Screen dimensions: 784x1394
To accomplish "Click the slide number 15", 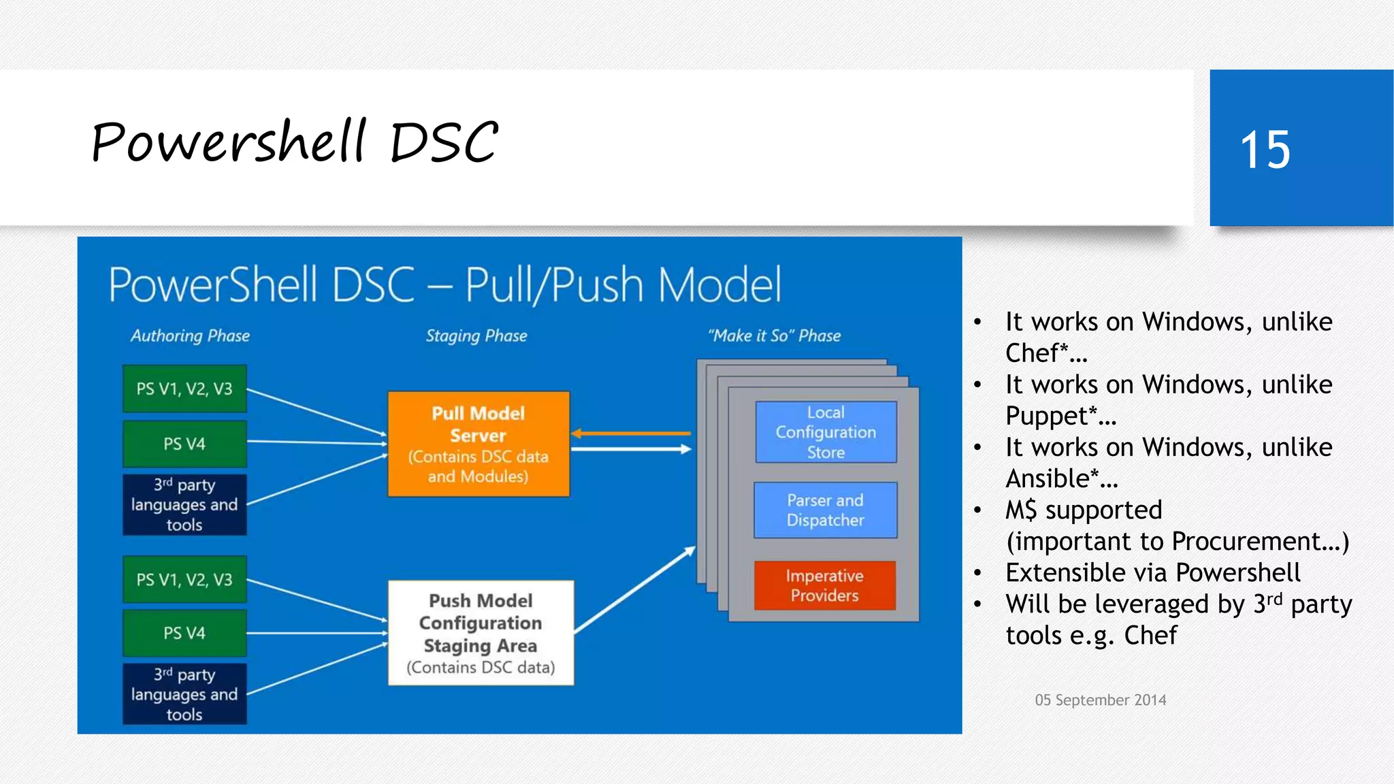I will tap(1265, 150).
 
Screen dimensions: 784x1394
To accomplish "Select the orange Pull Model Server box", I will tap(479, 444).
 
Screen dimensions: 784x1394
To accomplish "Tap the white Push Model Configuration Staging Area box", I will tap(481, 633).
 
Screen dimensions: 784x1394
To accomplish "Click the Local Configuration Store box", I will tap(826, 432).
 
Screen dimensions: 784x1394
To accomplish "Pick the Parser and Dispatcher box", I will tap(825, 510).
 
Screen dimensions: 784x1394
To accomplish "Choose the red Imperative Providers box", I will tap(824, 585).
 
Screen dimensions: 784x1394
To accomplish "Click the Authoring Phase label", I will tap(190, 336).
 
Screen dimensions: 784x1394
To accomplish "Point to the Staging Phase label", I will tap(476, 336).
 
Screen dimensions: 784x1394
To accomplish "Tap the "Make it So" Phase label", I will tap(775, 336).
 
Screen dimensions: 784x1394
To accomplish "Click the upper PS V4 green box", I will tap(184, 444).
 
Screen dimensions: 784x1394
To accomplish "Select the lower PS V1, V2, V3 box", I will tap(184, 579).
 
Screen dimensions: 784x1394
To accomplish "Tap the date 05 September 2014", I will tap(1100, 700).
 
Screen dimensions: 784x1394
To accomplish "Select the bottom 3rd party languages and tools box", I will tap(184, 694).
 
